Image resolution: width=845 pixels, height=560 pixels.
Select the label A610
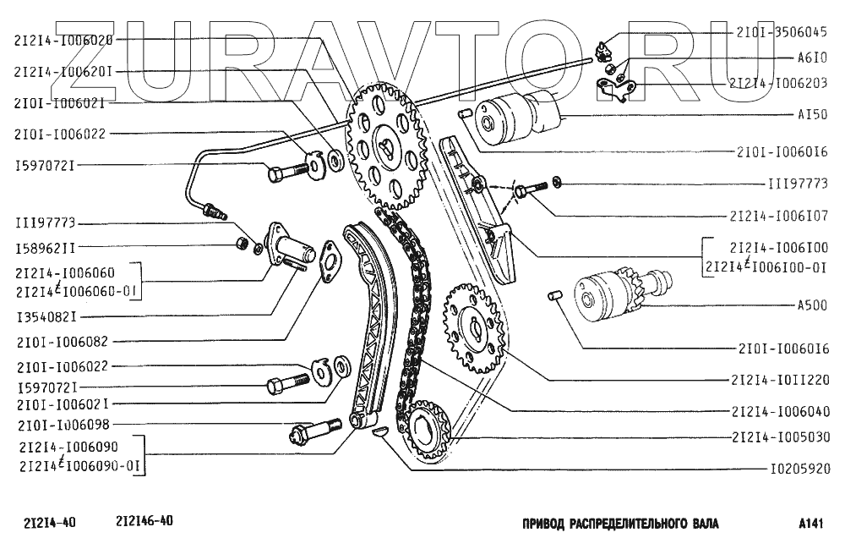[810, 59]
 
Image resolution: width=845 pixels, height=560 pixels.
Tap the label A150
[810, 113]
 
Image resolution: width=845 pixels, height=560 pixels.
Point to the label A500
[810, 305]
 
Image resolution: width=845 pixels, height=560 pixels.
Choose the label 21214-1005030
[781, 437]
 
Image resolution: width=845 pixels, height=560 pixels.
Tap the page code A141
[810, 524]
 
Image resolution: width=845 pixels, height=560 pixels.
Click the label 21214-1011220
[781, 381]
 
